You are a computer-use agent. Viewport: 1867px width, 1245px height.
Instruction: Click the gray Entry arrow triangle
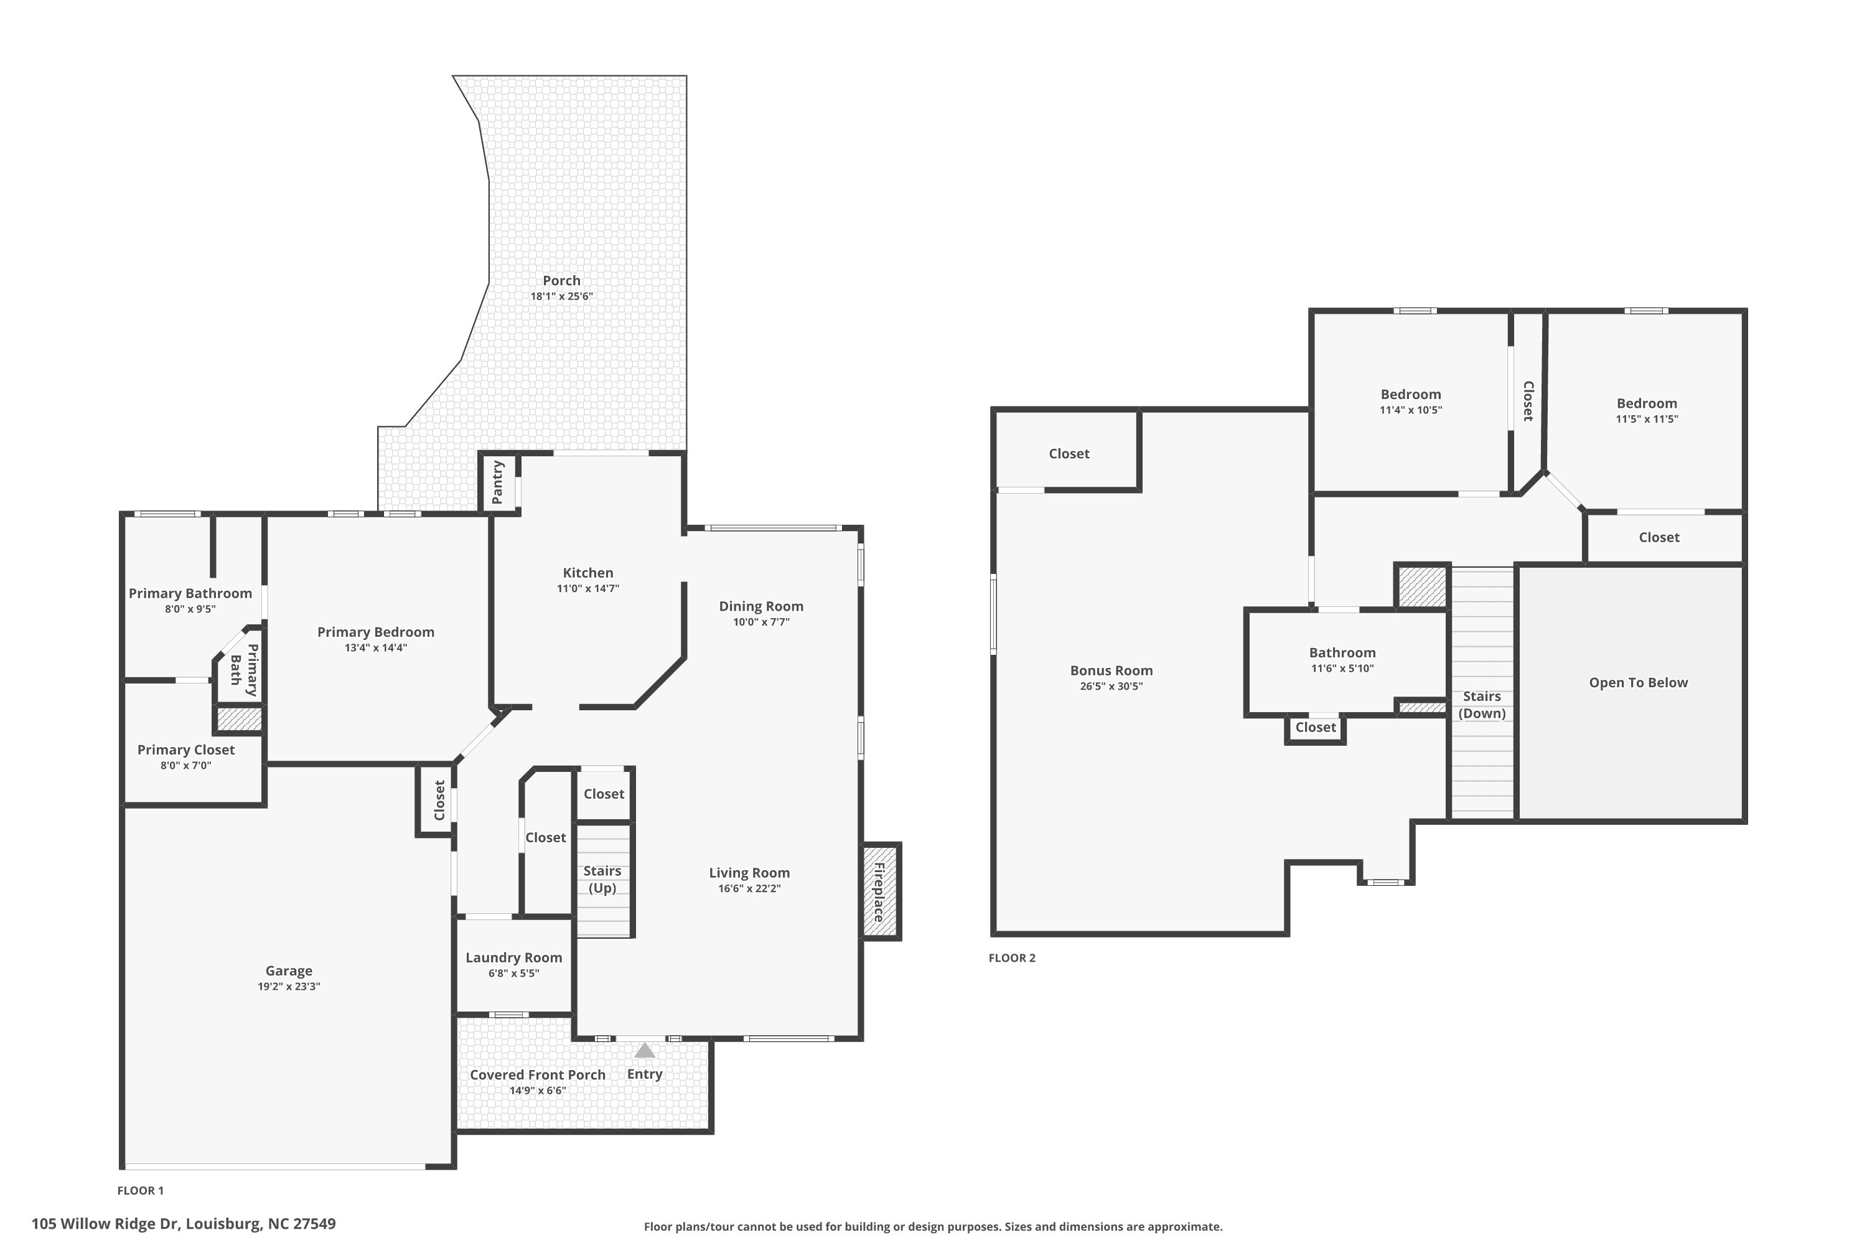tap(645, 1051)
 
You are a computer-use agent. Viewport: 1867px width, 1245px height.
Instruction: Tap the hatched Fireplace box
tap(881, 891)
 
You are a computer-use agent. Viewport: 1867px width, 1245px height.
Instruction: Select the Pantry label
tap(498, 482)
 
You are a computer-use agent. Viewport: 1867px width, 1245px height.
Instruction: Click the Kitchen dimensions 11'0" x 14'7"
tap(588, 588)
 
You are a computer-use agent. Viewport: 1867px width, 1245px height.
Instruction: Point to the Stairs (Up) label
tap(602, 879)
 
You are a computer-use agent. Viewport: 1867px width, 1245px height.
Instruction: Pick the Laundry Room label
tap(513, 957)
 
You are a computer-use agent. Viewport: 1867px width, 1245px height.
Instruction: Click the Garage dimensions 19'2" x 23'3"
tap(289, 986)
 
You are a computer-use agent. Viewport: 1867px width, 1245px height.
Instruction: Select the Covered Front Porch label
tap(538, 1075)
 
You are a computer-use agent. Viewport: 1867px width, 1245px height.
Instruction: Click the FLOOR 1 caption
tap(141, 1190)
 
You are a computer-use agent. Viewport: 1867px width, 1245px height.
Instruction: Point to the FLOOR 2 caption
tap(1012, 957)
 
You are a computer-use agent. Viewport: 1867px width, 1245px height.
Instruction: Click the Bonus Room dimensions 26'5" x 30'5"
tap(1111, 686)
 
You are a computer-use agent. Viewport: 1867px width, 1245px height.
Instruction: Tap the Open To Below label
tap(1639, 683)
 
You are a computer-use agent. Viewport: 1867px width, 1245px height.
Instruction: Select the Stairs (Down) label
tap(1482, 704)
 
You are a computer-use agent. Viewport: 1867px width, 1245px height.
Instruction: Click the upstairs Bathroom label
tap(1342, 652)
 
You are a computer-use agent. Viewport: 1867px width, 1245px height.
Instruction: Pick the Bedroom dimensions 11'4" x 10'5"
tap(1411, 410)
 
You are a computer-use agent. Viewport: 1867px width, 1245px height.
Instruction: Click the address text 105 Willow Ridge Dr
tap(106, 1224)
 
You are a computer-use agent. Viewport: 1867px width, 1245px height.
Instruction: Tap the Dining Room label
tap(761, 606)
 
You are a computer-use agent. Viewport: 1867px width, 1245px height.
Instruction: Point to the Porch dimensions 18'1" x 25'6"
tap(562, 296)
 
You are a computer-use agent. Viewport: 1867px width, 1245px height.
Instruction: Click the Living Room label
tap(749, 873)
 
